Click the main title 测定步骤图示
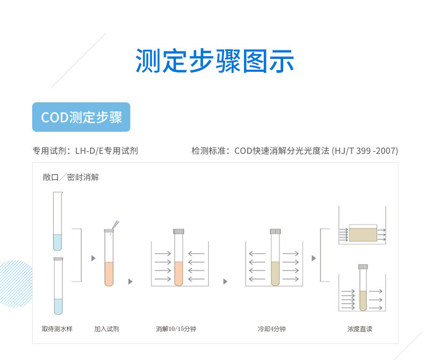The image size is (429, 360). click(214, 61)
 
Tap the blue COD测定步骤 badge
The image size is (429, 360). click(82, 117)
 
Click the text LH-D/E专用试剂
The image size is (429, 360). click(106, 151)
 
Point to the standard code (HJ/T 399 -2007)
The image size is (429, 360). click(365, 151)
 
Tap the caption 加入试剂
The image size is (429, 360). click(107, 329)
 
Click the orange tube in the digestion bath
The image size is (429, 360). click(179, 260)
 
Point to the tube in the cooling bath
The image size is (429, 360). click(275, 260)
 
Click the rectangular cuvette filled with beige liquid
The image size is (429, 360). click(363, 234)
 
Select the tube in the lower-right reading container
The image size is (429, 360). click(363, 289)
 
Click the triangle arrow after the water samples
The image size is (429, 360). click(93, 258)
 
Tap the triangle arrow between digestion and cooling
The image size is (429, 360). click(225, 282)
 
